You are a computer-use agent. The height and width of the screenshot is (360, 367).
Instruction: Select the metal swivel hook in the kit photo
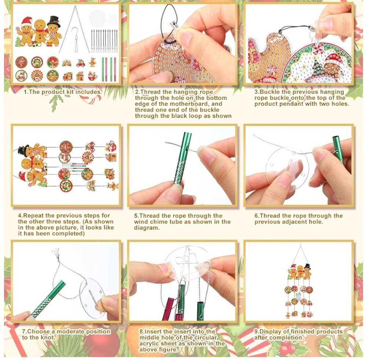pyautogui.click(x=75, y=40)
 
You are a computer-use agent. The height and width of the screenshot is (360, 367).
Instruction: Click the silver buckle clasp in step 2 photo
pyautogui.click(x=174, y=25)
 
